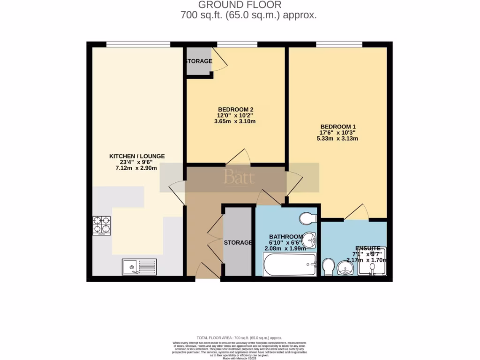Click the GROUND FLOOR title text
240,5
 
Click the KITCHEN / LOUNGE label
137,156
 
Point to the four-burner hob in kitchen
102,225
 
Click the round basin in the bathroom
309,240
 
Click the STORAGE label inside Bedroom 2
197,61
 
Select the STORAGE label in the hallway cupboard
238,242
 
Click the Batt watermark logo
239,178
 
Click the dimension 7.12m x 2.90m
137,168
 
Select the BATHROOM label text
285,236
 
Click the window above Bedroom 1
335,44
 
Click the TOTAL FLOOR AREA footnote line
240,338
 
